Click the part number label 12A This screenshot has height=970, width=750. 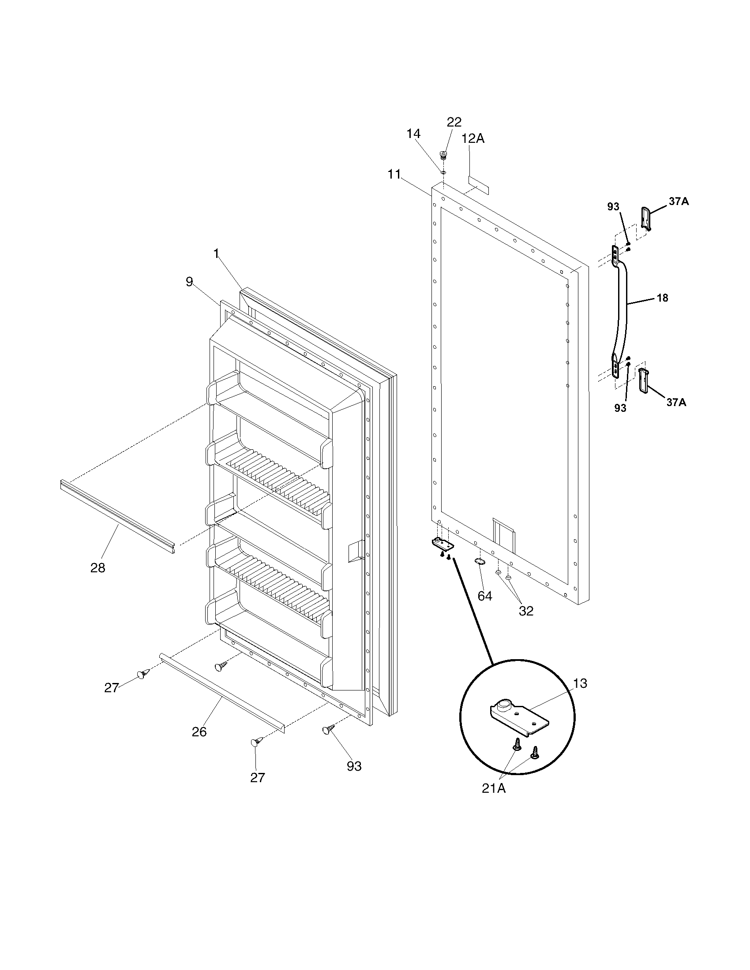(x=473, y=138)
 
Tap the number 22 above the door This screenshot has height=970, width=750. (x=454, y=122)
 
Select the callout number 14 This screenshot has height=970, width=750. (x=413, y=134)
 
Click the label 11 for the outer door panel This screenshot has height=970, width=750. (x=394, y=174)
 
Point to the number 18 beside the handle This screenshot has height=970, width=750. (x=663, y=298)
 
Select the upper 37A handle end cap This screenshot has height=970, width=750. (x=647, y=219)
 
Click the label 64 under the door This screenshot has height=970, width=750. (x=485, y=596)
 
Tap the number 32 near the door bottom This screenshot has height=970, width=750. (x=526, y=611)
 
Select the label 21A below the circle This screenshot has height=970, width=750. (x=494, y=788)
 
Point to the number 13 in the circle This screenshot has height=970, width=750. (x=580, y=683)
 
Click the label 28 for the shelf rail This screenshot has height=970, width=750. (x=98, y=567)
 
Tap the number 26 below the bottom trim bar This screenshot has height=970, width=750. (x=199, y=731)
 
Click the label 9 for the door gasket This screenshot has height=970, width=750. (x=190, y=282)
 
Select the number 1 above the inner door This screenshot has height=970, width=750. (x=216, y=254)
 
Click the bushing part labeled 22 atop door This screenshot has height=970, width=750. (x=442, y=155)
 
